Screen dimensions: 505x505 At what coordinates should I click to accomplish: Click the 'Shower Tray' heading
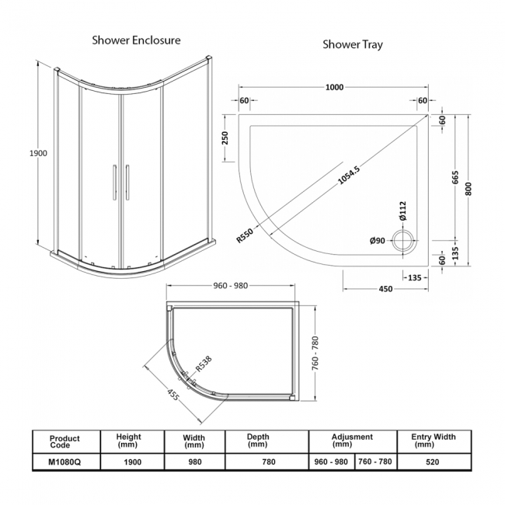[x=352, y=44]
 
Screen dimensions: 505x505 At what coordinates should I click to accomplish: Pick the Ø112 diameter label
[x=400, y=211]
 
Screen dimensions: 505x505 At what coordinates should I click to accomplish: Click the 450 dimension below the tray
[x=385, y=289]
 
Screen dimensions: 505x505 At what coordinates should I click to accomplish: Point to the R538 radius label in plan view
[x=204, y=364]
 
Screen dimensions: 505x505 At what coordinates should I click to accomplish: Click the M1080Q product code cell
[x=64, y=461]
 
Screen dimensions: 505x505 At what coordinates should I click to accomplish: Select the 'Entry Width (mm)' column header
[x=434, y=441]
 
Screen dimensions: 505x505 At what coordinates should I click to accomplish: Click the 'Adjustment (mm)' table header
[x=352, y=441]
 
